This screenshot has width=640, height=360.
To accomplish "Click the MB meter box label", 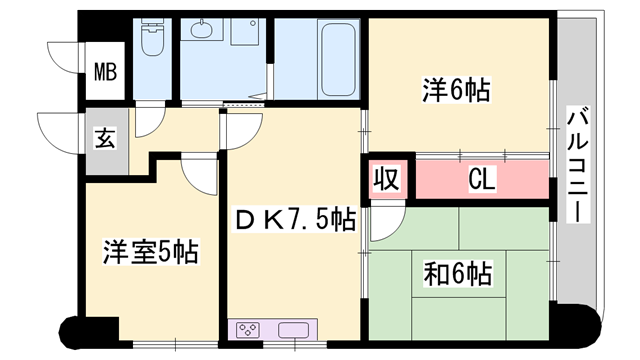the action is click(105, 71).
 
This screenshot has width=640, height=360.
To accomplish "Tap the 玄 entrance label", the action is click(105, 138).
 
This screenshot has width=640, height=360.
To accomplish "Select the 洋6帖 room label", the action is click(456, 90).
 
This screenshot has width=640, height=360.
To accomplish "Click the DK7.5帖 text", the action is click(295, 219).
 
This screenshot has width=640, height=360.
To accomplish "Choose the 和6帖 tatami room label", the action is click(457, 273).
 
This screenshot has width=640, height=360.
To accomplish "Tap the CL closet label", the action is click(482, 179).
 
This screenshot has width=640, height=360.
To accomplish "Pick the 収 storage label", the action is click(387, 179).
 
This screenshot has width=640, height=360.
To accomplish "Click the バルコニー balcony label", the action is click(578, 164).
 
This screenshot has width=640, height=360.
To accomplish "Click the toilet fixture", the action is click(153, 37).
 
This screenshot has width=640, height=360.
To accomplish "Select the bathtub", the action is click(338, 59).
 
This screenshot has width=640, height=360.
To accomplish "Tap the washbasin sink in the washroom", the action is click(202, 29).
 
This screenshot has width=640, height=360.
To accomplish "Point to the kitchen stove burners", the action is click(248, 330).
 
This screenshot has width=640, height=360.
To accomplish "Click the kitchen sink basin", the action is click(293, 330).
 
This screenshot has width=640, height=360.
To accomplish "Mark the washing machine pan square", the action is click(244, 31).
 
